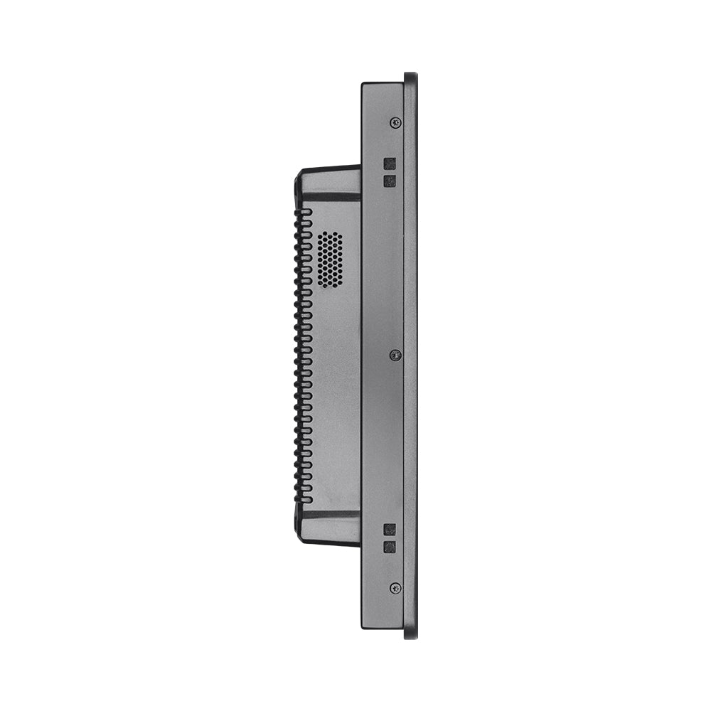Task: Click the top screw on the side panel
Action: click(396, 122)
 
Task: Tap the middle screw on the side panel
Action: click(396, 354)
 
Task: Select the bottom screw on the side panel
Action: click(395, 588)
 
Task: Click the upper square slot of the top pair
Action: click(389, 164)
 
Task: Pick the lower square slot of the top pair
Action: click(389, 181)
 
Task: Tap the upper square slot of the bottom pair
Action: click(389, 530)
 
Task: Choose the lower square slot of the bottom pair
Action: click(389, 547)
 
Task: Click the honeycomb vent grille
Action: click(328, 260)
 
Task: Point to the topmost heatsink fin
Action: click(304, 212)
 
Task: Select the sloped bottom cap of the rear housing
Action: click(328, 528)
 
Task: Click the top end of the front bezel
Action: click(410, 76)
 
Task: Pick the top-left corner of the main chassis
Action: click(363, 85)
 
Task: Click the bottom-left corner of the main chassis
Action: click(363, 626)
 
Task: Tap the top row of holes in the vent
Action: click(328, 234)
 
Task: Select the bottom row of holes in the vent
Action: click(328, 286)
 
